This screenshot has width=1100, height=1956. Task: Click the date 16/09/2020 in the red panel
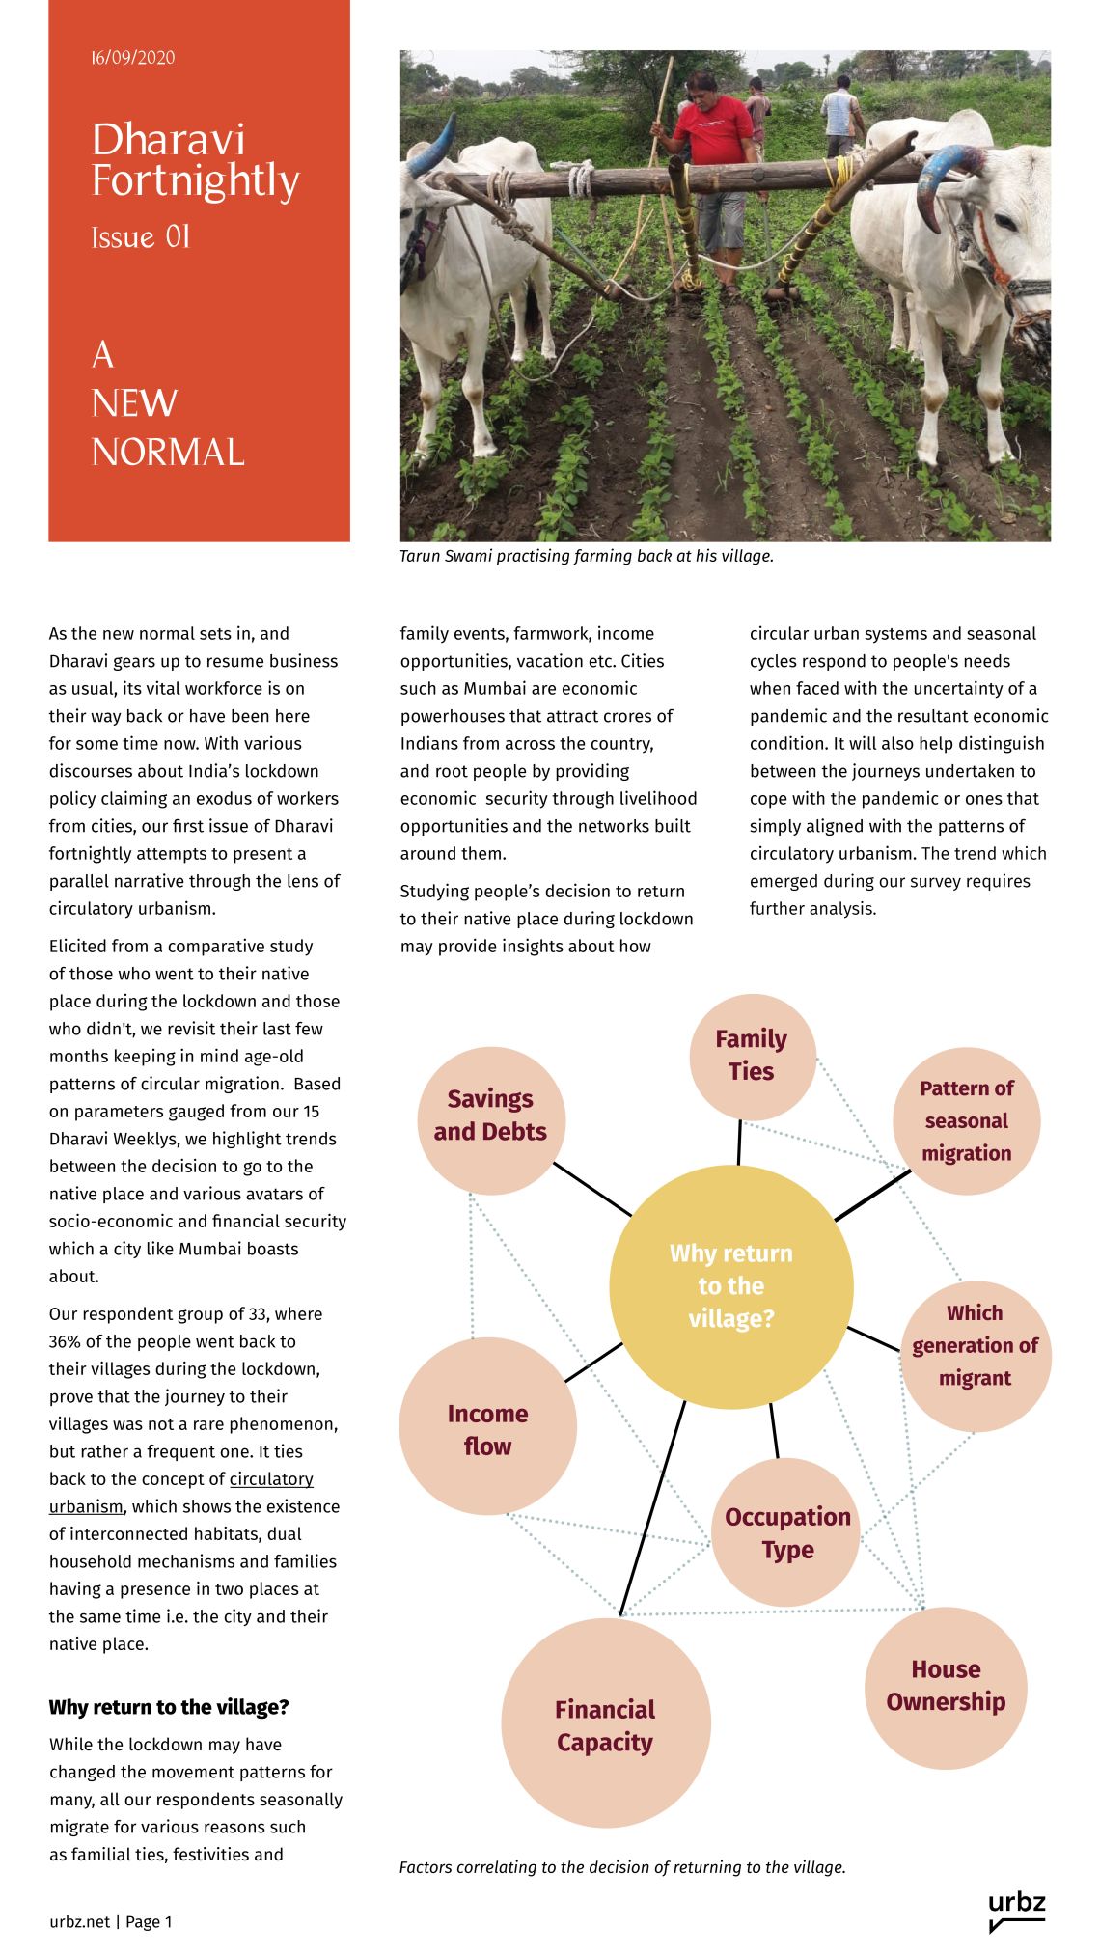coord(133,58)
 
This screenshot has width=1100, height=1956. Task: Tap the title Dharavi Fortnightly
coord(195,160)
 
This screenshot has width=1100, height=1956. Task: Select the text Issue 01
coord(141,237)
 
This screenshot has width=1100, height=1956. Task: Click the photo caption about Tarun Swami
coord(587,556)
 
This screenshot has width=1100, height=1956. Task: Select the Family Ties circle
coord(752,1056)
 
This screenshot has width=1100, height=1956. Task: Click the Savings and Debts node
coord(490,1116)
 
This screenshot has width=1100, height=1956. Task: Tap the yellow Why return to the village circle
coord(731,1286)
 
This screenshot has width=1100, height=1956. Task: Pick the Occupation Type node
coord(787,1533)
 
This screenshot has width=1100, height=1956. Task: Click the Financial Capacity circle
coord(605,1725)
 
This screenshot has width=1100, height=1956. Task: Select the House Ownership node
coord(946,1686)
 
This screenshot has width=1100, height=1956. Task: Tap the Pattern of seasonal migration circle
coord(967,1120)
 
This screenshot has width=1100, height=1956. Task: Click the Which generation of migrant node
coord(975,1346)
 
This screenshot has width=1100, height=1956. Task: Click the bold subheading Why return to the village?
coord(169,1707)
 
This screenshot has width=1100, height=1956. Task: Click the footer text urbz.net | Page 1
coord(111,1922)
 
